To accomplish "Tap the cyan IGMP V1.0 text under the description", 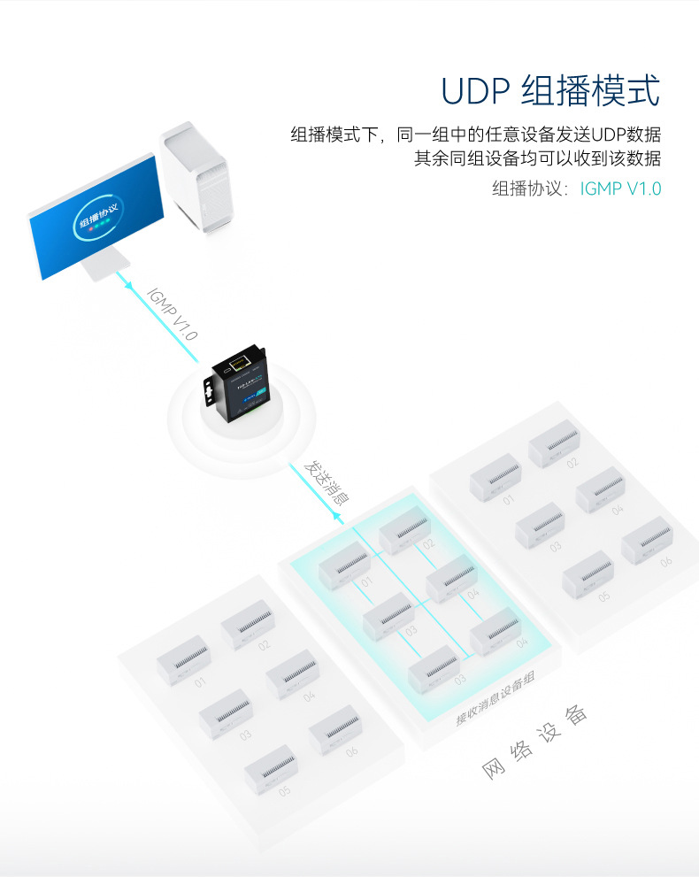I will pos(620,188).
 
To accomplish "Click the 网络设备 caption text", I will pos(535,743).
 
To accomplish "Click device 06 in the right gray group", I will pos(645,541).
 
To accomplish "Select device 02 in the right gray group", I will pos(554,442).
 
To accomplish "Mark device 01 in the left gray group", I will pos(182,659).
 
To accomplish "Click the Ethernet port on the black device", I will pos(239,361).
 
